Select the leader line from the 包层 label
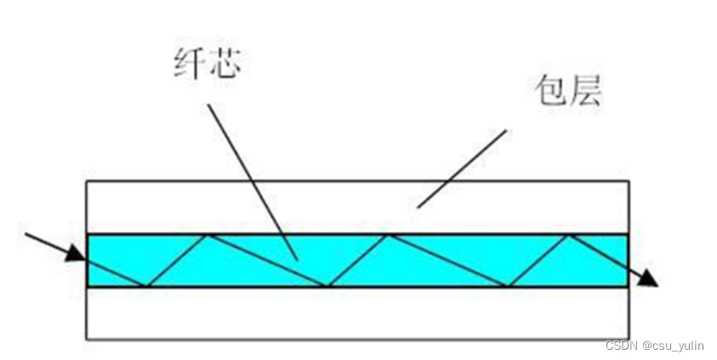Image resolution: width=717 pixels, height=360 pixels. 464,167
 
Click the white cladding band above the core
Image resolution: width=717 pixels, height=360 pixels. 255,206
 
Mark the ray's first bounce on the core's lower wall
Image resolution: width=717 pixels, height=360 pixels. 147,286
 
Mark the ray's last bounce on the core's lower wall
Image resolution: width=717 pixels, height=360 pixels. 509,286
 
